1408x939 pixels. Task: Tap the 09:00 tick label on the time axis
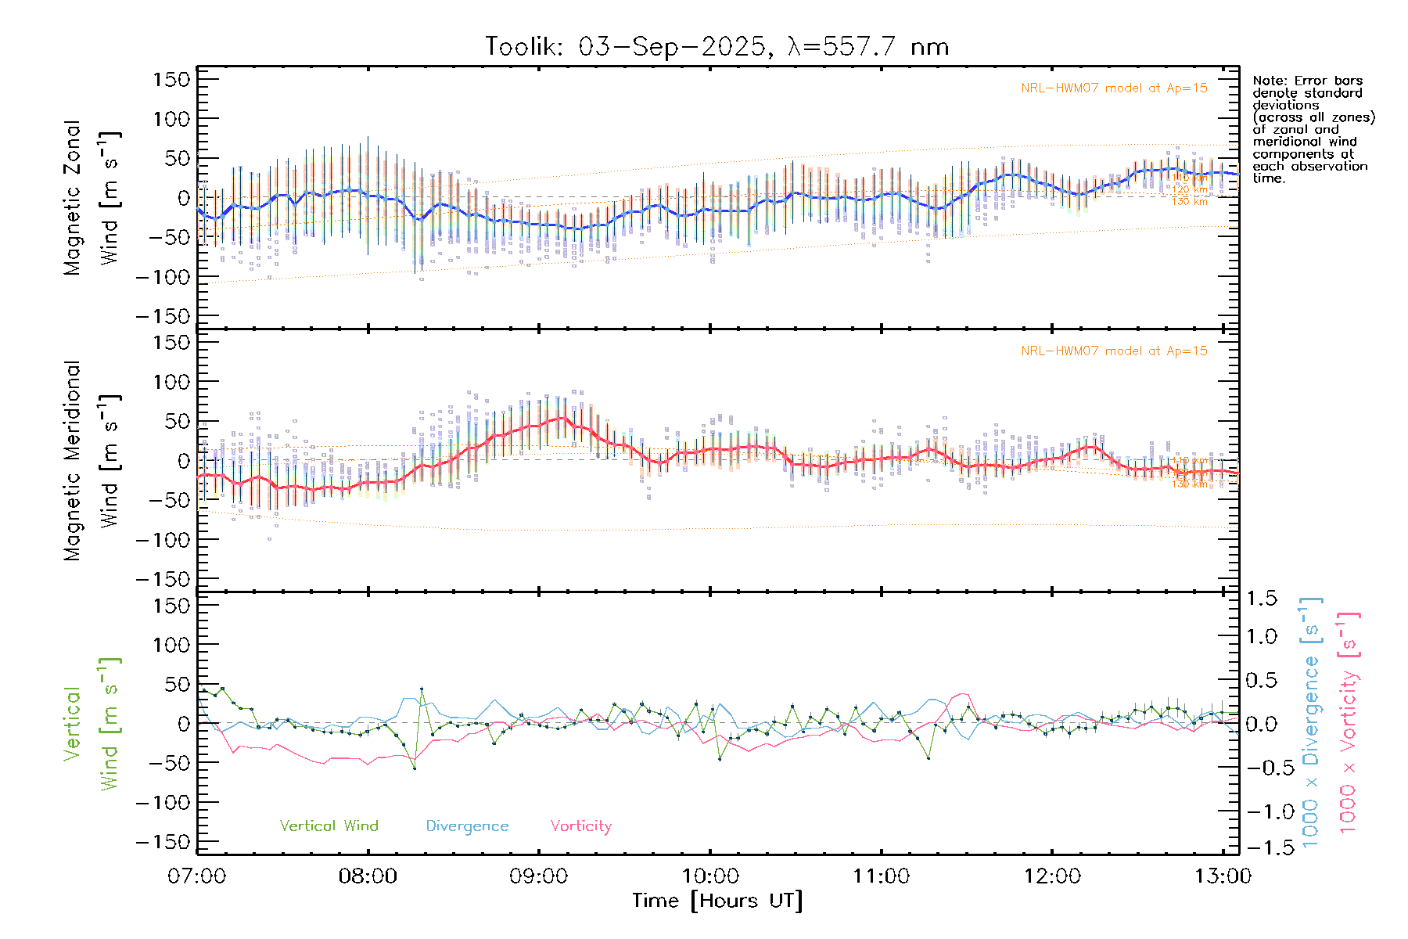pyautogui.click(x=538, y=876)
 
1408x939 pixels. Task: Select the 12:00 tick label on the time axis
pyautogui.click(x=1052, y=876)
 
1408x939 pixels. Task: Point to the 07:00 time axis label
pyautogui.click(x=197, y=876)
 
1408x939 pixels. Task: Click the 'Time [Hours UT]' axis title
pyautogui.click(x=717, y=901)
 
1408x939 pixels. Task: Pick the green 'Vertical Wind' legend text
pyautogui.click(x=329, y=826)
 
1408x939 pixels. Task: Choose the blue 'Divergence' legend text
pyautogui.click(x=467, y=826)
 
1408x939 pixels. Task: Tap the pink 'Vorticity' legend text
pyautogui.click(x=580, y=826)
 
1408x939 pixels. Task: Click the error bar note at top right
pyautogui.click(x=1313, y=129)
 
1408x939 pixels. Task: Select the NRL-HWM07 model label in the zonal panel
pyautogui.click(x=1114, y=88)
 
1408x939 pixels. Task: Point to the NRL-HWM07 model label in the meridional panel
pyautogui.click(x=1114, y=351)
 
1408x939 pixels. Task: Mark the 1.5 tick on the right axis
pyautogui.click(x=1262, y=599)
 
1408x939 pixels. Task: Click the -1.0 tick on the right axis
pyautogui.click(x=1262, y=811)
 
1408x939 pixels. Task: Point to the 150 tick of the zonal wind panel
pyautogui.click(x=171, y=79)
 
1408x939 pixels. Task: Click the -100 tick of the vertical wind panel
pyautogui.click(x=163, y=802)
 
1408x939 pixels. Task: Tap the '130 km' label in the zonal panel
pyautogui.click(x=1189, y=202)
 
